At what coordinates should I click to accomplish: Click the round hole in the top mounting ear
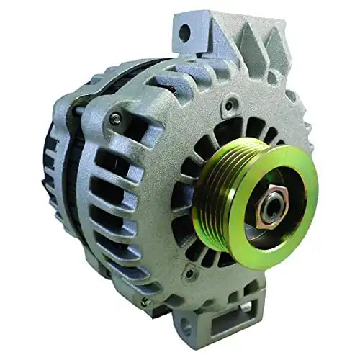coord(185,32)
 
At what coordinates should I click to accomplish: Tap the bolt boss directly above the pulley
coord(228,105)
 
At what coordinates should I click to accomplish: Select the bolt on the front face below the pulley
coord(189,274)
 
